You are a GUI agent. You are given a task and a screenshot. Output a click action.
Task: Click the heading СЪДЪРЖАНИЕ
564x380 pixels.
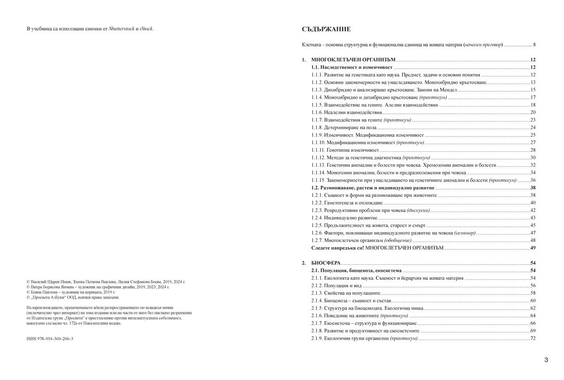(x=326, y=29)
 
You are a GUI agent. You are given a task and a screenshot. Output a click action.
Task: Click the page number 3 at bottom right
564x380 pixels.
(x=546, y=360)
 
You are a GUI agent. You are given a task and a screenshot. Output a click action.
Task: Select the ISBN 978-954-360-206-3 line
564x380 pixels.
(x=50, y=339)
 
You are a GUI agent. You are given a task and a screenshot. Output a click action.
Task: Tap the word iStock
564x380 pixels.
(x=146, y=29)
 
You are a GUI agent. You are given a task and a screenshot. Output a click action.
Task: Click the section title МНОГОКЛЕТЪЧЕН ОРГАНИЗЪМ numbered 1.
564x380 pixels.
(x=353, y=60)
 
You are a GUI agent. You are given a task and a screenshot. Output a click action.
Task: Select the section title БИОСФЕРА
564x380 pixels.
(x=326, y=263)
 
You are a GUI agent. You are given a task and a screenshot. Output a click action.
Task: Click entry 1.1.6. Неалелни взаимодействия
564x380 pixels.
(x=346, y=113)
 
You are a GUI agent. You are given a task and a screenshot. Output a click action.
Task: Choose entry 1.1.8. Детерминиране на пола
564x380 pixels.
(x=344, y=128)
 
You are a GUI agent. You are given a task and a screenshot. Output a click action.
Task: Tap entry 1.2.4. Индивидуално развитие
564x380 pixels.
(x=344, y=218)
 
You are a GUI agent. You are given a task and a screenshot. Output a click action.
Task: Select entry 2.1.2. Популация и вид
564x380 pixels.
(x=336, y=286)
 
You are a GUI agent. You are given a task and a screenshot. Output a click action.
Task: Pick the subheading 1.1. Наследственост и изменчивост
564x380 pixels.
(x=352, y=67)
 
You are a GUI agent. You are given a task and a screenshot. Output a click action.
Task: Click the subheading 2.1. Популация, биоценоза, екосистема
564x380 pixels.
(x=356, y=271)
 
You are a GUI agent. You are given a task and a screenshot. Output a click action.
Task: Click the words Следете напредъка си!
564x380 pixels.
(x=337, y=248)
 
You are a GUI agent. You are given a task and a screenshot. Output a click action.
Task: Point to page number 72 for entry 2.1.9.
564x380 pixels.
(x=533, y=339)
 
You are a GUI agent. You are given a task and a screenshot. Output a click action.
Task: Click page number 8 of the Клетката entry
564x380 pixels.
(x=534, y=45)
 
